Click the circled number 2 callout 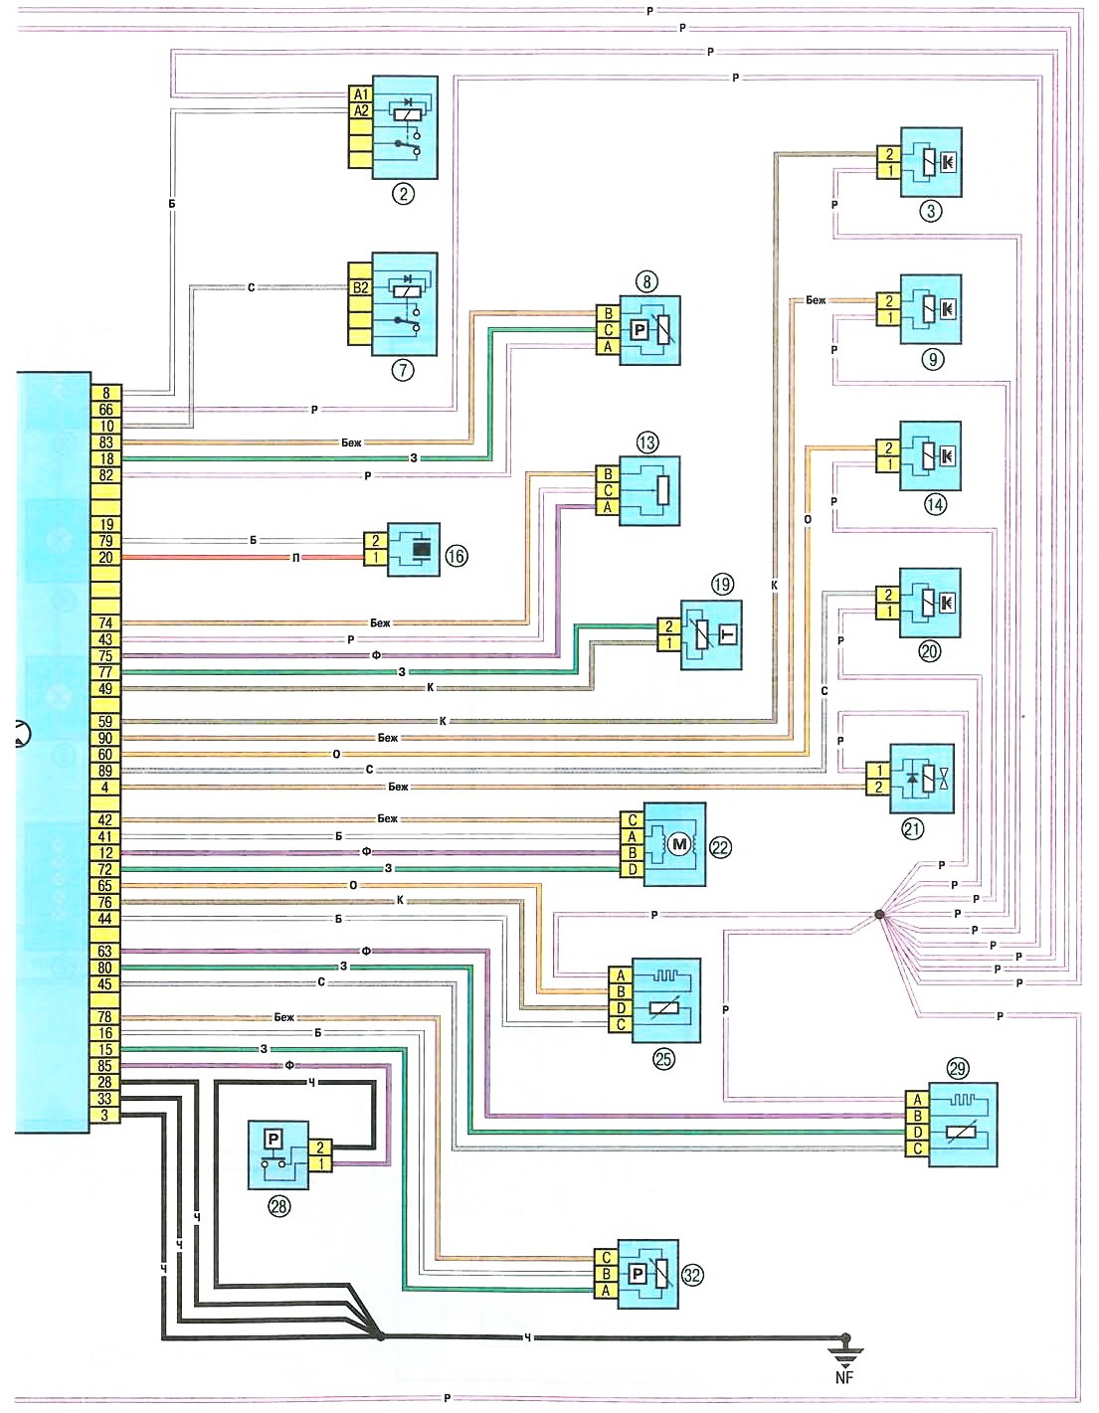coord(403,193)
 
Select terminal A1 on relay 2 coord(360,94)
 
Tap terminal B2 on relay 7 coord(360,288)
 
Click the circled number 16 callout coord(456,556)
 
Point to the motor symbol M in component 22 coord(679,845)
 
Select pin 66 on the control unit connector coord(105,410)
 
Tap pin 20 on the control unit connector coord(105,558)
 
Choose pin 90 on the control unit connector coord(105,738)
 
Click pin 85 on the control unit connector coord(105,1066)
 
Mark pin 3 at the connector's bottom coord(105,1115)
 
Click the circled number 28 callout coord(279,1207)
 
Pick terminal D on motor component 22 coord(633,869)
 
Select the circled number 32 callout coord(692,1274)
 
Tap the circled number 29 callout coord(958,1069)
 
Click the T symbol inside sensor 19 coord(727,634)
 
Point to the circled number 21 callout coord(912,827)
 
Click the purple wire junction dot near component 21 coord(878,915)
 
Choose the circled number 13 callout coord(647,442)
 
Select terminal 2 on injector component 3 coord(889,154)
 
